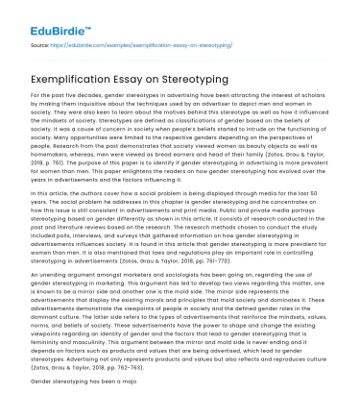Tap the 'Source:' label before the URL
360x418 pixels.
[40, 43]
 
